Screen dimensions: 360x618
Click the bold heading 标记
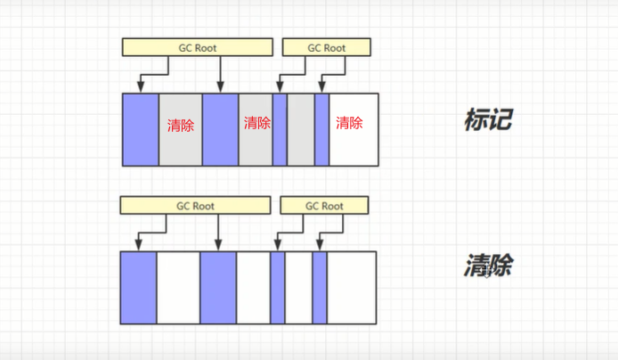488,119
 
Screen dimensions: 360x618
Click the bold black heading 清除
487,266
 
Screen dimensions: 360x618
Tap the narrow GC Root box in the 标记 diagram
326,47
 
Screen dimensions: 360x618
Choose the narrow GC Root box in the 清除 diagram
324,206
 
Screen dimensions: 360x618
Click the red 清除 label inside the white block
349,124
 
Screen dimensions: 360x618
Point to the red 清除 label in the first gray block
181,126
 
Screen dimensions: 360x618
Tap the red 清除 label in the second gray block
256,123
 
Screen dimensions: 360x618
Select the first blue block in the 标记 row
141,129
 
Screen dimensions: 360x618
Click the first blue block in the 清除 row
139,287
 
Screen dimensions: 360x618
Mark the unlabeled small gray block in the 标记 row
300,129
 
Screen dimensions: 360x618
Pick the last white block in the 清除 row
352,287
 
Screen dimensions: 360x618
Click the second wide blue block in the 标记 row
220,129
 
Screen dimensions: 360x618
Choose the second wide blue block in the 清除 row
218,287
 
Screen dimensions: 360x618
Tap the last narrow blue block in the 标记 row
321,129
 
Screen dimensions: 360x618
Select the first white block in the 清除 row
178,287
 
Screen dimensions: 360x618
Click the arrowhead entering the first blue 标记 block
141,87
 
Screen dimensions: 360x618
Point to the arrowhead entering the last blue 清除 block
317,245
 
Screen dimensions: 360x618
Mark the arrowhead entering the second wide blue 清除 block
218,245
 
